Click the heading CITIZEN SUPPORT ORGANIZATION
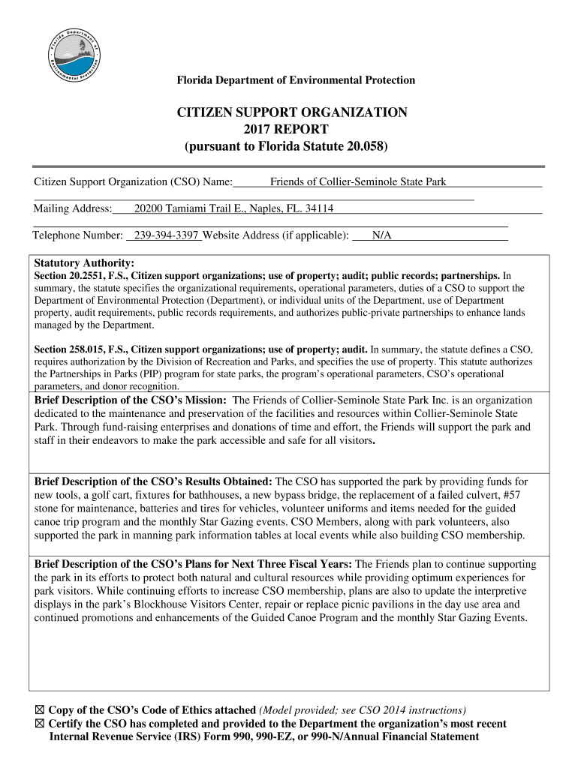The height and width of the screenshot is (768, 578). (292, 112)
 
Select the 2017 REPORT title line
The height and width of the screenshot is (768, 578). (291, 129)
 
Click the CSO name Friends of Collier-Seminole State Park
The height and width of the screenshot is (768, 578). (358, 182)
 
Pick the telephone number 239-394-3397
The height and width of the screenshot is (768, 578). (165, 235)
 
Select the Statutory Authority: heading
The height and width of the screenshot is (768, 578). (85, 263)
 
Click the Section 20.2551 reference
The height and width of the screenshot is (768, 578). (80, 275)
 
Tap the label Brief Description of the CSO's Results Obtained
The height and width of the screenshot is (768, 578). (154, 481)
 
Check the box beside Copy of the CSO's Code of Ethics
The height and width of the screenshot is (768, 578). (40, 710)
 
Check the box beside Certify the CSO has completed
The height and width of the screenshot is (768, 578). (40, 724)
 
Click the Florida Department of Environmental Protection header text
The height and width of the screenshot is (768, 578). (295, 80)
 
